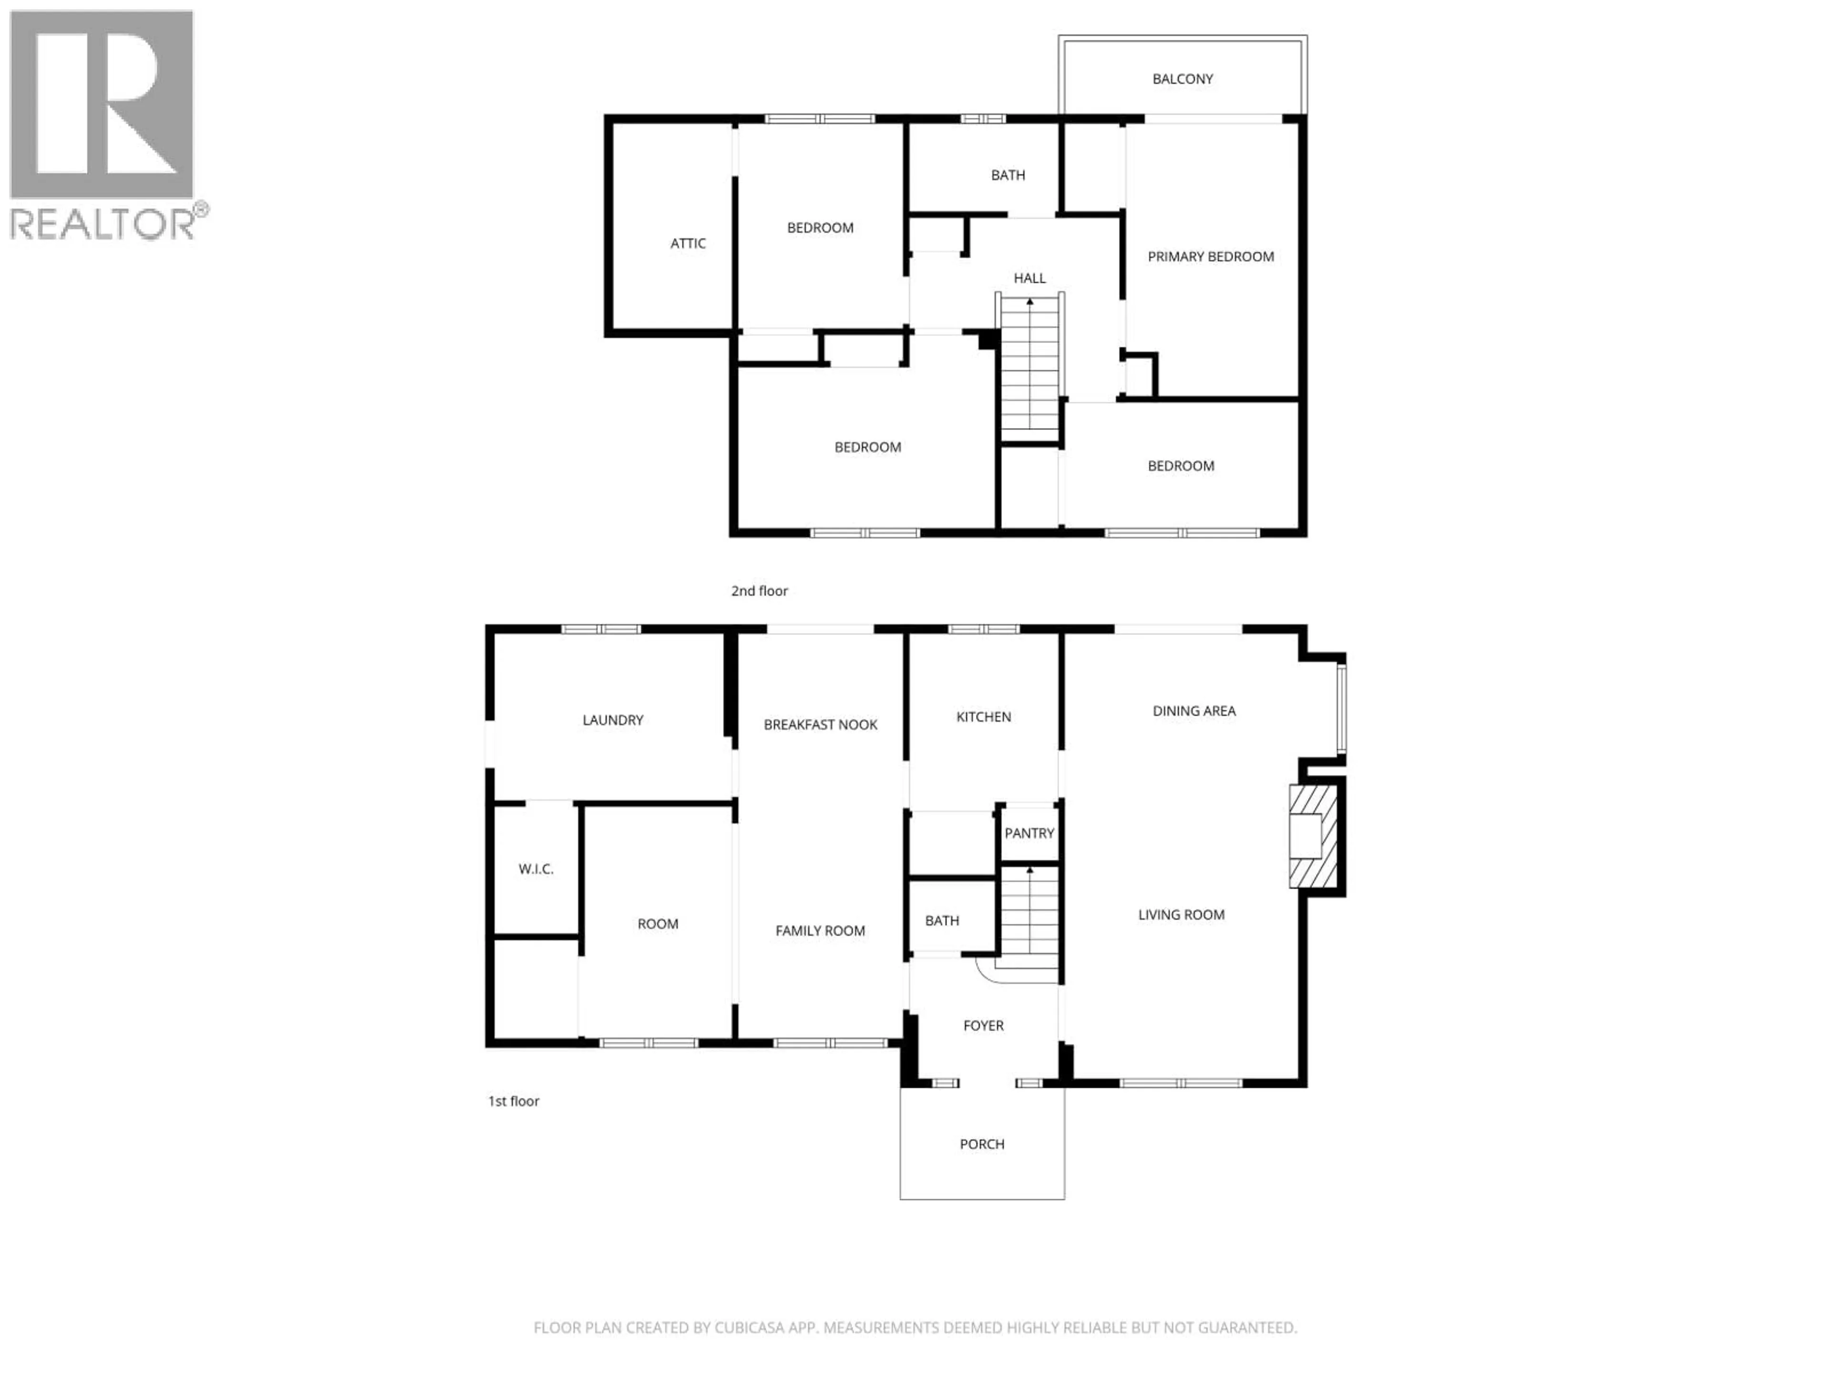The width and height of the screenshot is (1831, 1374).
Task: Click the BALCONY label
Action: click(1182, 79)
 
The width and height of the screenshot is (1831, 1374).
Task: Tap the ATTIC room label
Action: click(688, 243)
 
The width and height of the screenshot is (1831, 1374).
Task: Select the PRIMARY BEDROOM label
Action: click(1210, 257)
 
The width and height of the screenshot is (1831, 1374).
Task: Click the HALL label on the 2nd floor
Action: click(1030, 278)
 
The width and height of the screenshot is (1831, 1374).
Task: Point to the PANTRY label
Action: click(1029, 833)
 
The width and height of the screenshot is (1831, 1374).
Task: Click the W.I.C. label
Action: click(535, 869)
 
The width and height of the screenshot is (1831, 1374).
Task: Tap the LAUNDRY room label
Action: click(613, 720)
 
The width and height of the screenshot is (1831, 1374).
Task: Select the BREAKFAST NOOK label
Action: click(820, 725)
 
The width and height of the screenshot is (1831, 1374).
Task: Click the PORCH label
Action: click(982, 1144)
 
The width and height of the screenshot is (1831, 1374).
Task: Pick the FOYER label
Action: click(983, 1025)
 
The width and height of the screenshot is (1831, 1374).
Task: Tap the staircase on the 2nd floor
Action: click(1030, 373)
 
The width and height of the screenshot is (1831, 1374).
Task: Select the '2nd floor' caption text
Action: click(759, 591)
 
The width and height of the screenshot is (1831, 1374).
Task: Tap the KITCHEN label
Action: click(983, 717)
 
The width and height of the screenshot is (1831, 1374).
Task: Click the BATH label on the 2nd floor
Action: click(1008, 175)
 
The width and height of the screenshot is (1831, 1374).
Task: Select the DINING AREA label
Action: click(1193, 710)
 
